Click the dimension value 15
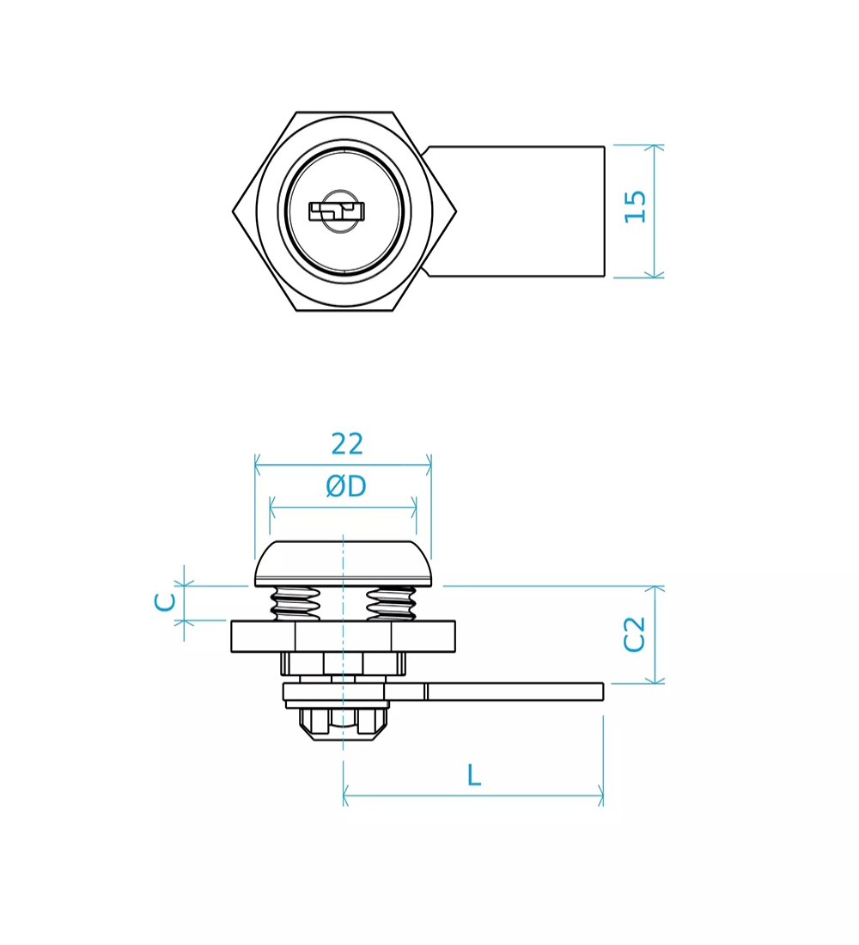point(636,207)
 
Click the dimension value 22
point(347,444)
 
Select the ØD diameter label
point(346,486)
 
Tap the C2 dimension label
point(634,634)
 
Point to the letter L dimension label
point(474,775)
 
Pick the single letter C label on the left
point(165,602)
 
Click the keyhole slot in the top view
point(337,211)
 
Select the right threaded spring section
point(391,603)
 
